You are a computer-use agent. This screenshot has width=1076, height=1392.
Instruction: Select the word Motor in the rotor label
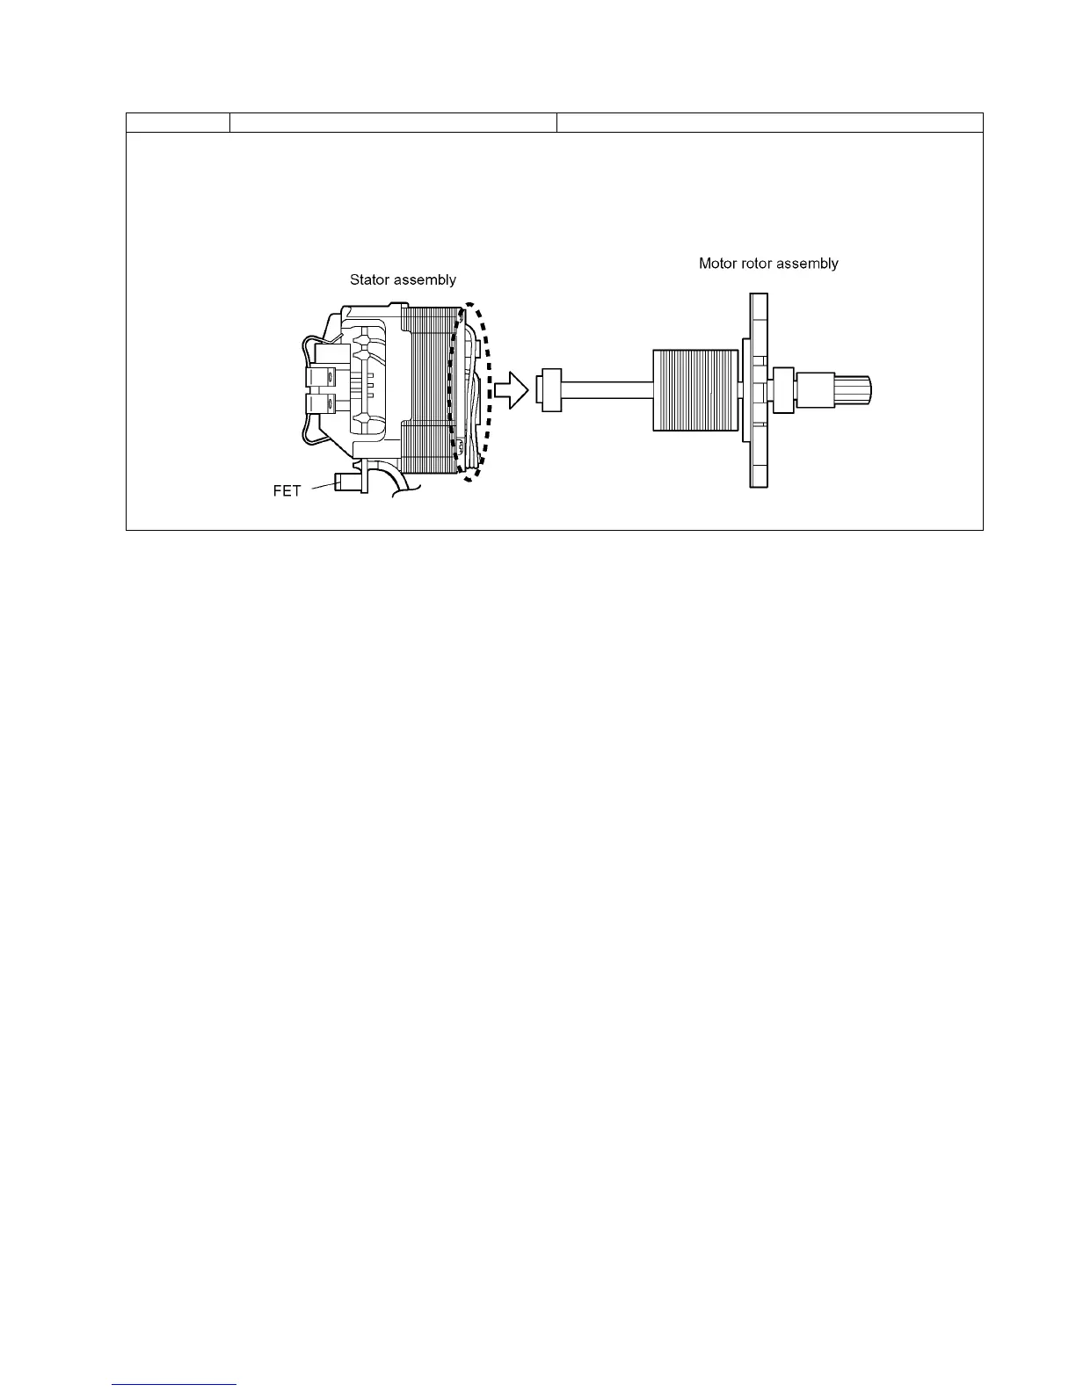(x=717, y=264)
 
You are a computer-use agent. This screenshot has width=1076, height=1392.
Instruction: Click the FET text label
(x=287, y=491)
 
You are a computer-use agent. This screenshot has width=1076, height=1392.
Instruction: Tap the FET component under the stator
(x=348, y=482)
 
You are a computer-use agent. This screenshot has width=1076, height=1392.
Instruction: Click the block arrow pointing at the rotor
(x=510, y=389)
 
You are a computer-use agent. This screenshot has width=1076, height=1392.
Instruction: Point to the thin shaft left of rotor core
(x=607, y=389)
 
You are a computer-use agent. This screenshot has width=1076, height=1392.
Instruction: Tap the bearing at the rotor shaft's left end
(x=550, y=389)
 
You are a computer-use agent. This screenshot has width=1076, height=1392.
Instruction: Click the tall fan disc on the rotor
(x=758, y=391)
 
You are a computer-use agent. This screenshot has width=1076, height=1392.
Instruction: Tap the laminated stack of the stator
(x=428, y=387)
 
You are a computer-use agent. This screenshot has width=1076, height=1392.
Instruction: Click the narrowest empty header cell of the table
(x=178, y=123)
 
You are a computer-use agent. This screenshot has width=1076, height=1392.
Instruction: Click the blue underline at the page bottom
(x=175, y=1385)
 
